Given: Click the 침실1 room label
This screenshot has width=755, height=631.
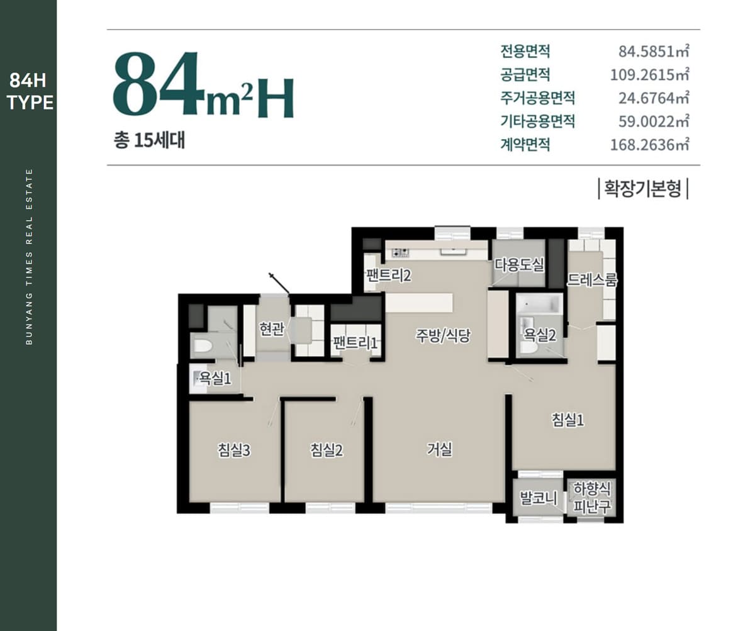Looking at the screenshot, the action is coord(568,420).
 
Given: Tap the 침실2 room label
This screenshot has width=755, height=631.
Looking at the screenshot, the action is coord(327,450).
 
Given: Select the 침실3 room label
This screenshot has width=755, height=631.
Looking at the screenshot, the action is coord(233,450).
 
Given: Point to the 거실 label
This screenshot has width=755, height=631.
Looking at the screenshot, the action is coord(439,449).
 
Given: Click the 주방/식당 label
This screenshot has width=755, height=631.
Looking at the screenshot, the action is coord(442,335).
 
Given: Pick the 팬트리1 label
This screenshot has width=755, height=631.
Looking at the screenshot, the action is coord(355,343).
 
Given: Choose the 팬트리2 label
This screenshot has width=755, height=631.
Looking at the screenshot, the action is coord(389,276).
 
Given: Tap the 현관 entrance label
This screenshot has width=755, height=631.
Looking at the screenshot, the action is coord(272,328).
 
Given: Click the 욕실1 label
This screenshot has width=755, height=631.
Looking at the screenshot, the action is coord(215,379).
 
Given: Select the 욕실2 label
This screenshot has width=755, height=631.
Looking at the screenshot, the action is coord(540,335).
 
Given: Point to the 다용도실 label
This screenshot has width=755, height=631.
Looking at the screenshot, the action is coord(519,265).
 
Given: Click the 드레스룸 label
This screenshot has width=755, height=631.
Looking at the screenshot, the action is coord(591,280).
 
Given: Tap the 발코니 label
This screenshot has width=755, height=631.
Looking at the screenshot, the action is coord(539,498).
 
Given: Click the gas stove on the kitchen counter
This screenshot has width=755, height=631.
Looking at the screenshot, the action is coord(401,252).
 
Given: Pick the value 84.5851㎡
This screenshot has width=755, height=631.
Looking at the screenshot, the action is coord(654,52).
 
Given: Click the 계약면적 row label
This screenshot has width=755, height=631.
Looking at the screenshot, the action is coord(525,145).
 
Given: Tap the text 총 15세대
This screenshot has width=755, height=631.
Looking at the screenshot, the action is coord(149,141).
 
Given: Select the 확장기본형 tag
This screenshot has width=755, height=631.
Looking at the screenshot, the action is coord(643,189).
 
